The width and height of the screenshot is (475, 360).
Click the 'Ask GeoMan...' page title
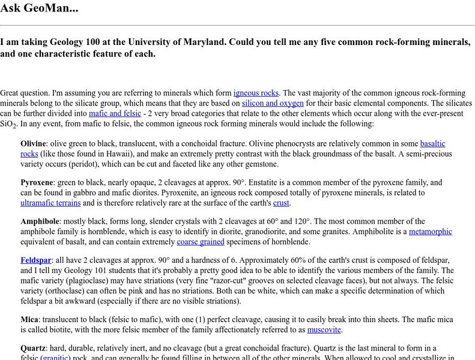pos(39,8)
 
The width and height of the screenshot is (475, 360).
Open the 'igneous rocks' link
pos(256,93)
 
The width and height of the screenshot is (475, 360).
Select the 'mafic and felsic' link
pos(115,113)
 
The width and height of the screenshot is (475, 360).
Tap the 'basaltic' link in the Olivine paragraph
pos(432,144)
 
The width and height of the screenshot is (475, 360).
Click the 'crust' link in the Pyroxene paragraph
pos(281,203)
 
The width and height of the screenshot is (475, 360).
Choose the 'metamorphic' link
pos(431,232)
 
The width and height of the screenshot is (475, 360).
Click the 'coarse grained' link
pos(201,242)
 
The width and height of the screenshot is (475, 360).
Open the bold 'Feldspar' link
pos(36,261)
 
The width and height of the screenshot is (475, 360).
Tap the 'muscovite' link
pos(324,329)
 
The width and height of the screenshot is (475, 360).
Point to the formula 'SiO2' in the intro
pos(8,124)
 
